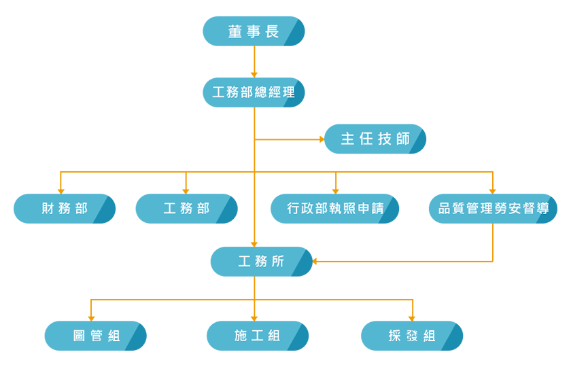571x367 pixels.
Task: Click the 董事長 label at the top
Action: pos(254,32)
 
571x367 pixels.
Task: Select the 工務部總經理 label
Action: pos(254,92)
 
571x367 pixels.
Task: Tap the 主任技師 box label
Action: pos(376,139)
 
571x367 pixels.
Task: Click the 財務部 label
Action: pos(65,209)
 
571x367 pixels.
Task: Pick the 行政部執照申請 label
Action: pos(336,209)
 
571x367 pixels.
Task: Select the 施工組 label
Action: pos(257,336)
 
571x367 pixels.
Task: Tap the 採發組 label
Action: pos(412,336)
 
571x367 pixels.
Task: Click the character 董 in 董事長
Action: pos(235,32)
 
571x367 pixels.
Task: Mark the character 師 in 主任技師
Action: pos(403,139)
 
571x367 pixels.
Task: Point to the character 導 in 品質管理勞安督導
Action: pos(542,209)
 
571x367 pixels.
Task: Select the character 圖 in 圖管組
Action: pos(80,336)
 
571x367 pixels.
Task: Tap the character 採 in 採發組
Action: pos(395,336)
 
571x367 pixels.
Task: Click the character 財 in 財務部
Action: pos(48,209)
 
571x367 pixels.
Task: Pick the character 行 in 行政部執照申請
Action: pos(294,209)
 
